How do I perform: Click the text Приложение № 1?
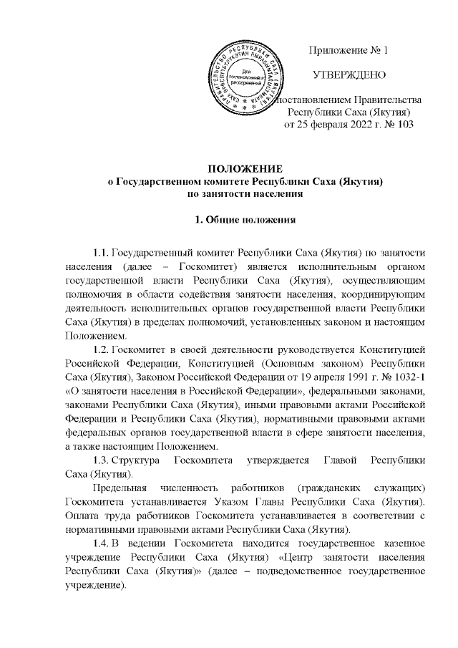[x=348, y=51]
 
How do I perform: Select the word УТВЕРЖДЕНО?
[x=348, y=74]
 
